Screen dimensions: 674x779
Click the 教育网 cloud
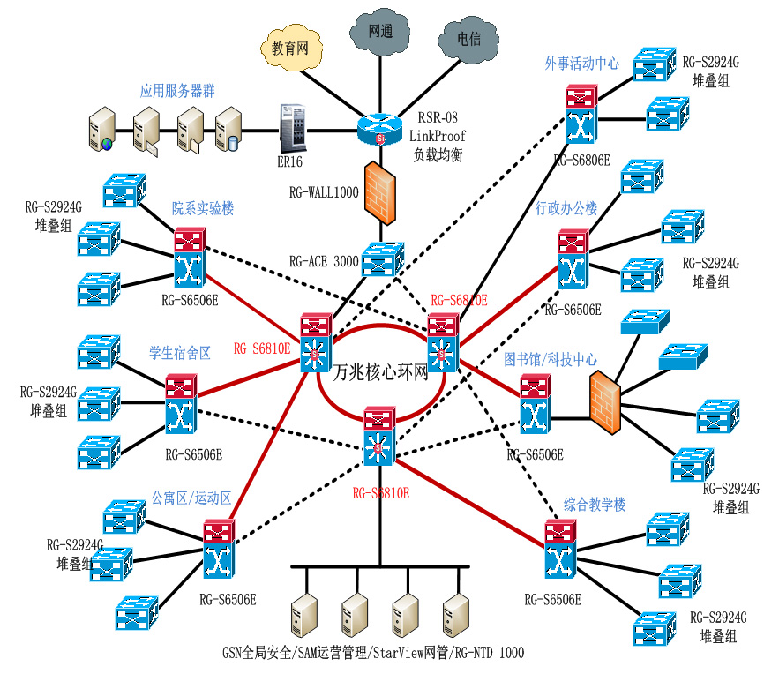(x=288, y=49)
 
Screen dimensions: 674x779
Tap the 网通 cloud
(x=380, y=32)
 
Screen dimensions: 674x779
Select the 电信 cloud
(x=468, y=40)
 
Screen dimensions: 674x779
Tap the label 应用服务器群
(x=177, y=91)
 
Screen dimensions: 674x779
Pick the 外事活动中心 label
(x=581, y=64)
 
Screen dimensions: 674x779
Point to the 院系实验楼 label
(x=202, y=209)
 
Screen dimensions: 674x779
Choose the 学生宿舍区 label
(x=180, y=354)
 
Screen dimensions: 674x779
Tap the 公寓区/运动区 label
(x=191, y=498)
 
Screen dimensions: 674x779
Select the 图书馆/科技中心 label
(x=551, y=360)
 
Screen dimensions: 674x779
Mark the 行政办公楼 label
(x=566, y=209)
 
